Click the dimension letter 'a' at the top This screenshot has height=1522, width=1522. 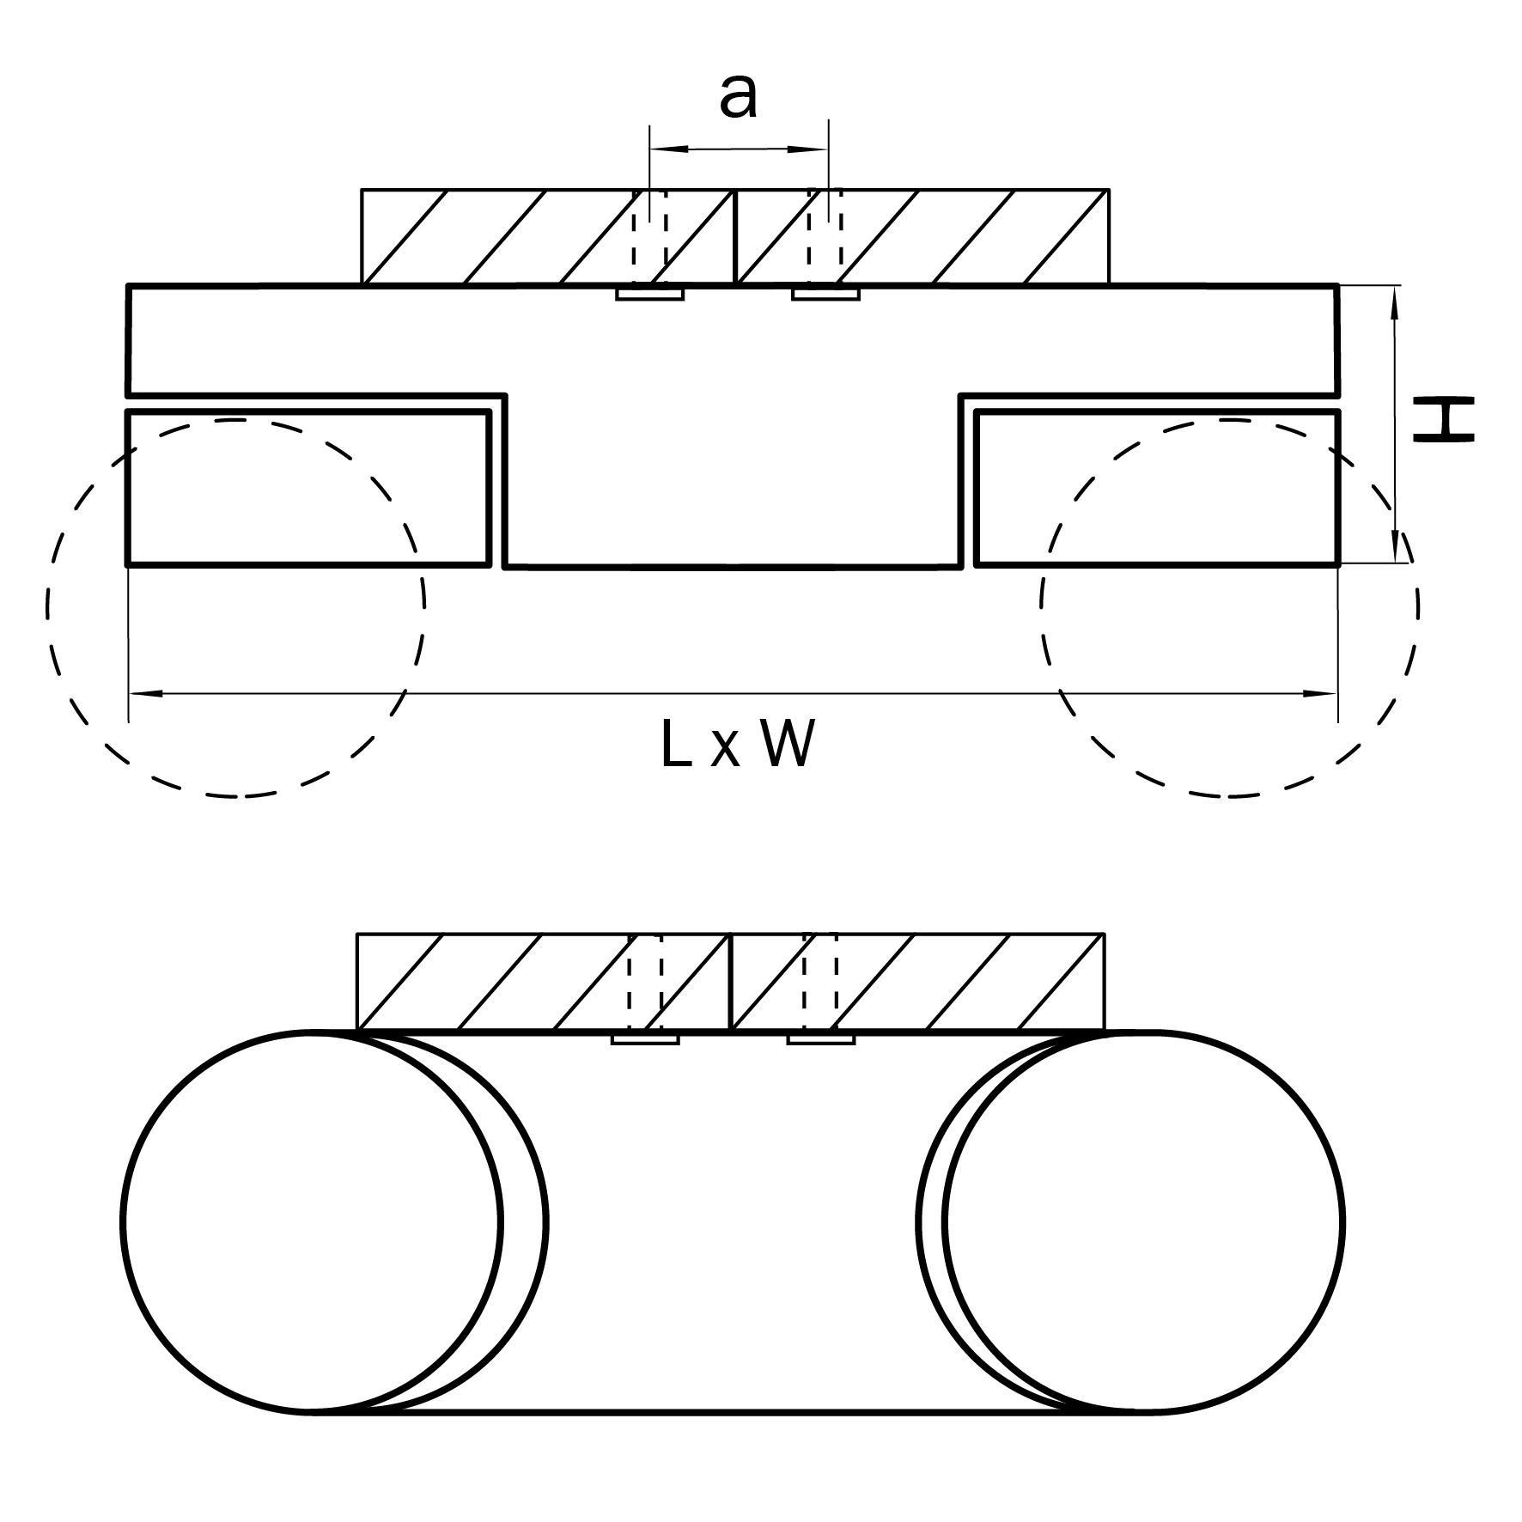pyautogui.click(x=739, y=96)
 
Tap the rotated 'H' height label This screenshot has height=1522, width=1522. pyautogui.click(x=1444, y=419)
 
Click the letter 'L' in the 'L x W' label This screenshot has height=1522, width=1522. pyautogui.click(x=678, y=744)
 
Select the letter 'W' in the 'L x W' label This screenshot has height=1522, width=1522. pyautogui.click(x=787, y=744)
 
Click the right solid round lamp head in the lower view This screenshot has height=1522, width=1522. pyautogui.click(x=1143, y=1222)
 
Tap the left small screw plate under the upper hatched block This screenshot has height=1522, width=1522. pyautogui.click(x=650, y=295)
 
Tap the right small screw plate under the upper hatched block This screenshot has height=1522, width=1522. pyautogui.click(x=826, y=295)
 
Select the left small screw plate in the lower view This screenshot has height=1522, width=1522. pyautogui.click(x=645, y=1039)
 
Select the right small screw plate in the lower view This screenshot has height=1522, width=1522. pyautogui.click(x=821, y=1039)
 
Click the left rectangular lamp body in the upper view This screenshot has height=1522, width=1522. pyautogui.click(x=308, y=489)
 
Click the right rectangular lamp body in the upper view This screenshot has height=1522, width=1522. pyautogui.click(x=1157, y=489)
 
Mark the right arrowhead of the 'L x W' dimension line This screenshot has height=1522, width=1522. pyautogui.click(x=1322, y=693)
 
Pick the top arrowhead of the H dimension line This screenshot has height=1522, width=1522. pyautogui.click(x=1394, y=301)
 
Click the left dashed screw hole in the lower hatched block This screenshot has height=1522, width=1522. pyautogui.click(x=645, y=981)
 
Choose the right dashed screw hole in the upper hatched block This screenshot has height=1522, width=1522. pyautogui.click(x=825, y=236)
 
